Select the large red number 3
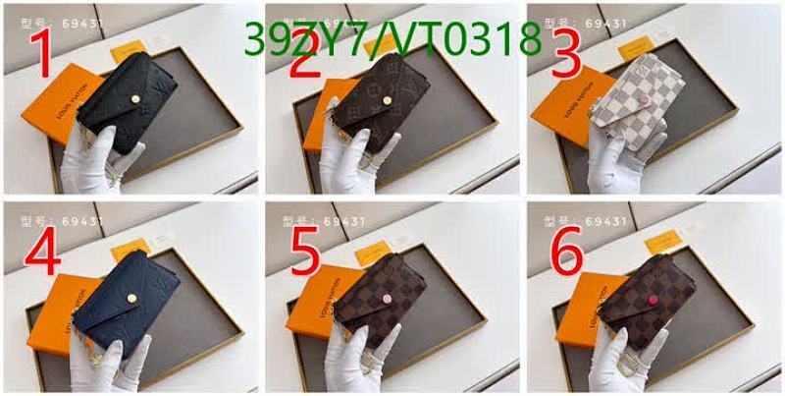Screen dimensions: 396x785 tap(565, 55)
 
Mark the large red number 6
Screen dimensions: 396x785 tap(567, 255)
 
